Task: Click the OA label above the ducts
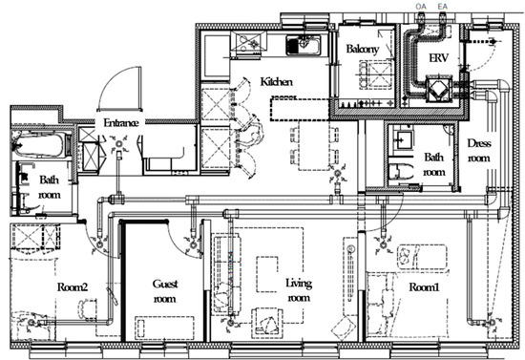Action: coord(421,7)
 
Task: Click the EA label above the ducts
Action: coord(442,7)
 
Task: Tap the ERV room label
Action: coord(438,58)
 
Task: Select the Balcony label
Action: coord(363,50)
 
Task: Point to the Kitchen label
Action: coord(276,81)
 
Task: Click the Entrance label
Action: coord(120,122)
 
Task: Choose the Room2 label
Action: coord(73,286)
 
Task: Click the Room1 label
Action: coord(424,286)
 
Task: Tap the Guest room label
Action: coord(165,291)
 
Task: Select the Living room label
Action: coord(299,290)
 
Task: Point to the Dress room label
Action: coord(479,150)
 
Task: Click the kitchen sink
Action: coord(303,45)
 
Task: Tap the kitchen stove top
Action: coord(248,42)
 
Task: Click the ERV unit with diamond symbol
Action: coord(438,89)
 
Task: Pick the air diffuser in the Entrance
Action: coord(119,144)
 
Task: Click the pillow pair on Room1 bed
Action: coord(408,256)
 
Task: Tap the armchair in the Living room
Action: coord(267,323)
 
